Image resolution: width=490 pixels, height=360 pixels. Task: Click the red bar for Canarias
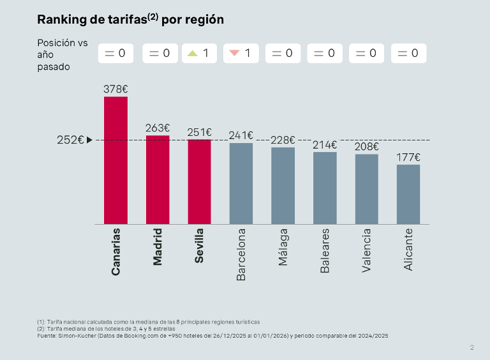(115, 160)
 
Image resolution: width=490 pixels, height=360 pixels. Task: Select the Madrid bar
(158, 179)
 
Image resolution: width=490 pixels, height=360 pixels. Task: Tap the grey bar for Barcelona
(241, 183)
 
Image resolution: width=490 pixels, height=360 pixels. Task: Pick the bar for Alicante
(408, 194)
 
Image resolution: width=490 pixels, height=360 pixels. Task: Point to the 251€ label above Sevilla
(199, 132)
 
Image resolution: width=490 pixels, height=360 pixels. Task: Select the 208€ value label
(367, 147)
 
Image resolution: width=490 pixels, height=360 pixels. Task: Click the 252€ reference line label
(70, 140)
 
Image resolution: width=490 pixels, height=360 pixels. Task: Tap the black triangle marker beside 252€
(90, 140)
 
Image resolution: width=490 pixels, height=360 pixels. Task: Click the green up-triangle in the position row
(192, 54)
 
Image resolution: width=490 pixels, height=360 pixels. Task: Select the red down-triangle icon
(234, 54)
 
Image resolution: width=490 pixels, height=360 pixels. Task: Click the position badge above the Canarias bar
(115, 54)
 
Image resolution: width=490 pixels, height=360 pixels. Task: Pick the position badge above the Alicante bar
(408, 54)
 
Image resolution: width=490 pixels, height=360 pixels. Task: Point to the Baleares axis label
(325, 251)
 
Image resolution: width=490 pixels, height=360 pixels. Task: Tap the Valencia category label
(367, 251)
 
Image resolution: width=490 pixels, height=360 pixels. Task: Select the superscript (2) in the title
(153, 16)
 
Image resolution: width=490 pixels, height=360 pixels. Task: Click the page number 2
(472, 348)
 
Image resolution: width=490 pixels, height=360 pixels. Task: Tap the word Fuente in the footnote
(46, 335)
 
